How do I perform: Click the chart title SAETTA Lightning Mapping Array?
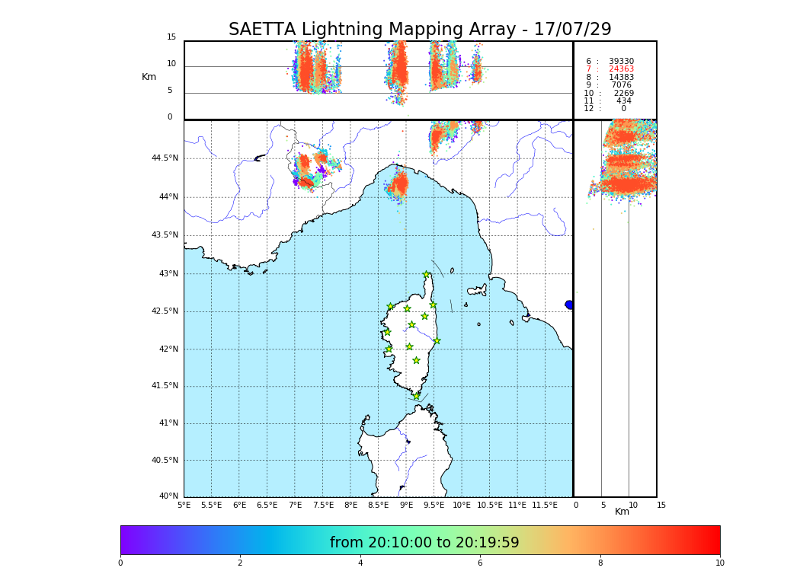[420, 30]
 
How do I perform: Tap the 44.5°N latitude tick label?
[165, 158]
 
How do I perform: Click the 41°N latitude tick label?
[168, 423]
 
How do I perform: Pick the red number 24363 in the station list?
[621, 69]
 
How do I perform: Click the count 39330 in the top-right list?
[621, 62]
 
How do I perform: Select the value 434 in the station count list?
[624, 101]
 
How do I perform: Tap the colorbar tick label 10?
[719, 563]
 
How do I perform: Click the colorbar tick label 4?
[360, 563]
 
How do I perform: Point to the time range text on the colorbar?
[424, 543]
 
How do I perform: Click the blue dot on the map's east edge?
[569, 305]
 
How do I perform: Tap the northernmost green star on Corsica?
[427, 275]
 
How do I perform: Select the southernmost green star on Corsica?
[416, 396]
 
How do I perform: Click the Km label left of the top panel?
[149, 77]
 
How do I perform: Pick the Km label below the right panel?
[622, 512]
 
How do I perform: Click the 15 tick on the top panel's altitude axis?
[171, 37]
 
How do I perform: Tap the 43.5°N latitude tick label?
[165, 235]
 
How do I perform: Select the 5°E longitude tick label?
[184, 505]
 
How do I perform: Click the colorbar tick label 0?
[120, 563]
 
